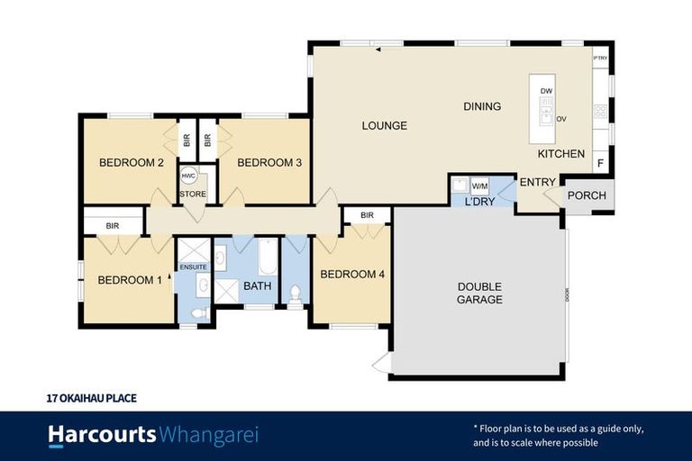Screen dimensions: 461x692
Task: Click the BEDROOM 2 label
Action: point(131,163)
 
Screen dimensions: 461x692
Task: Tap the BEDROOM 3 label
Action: point(269,163)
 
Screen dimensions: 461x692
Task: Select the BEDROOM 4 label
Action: point(352,275)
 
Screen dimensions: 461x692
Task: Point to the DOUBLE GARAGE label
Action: point(479,293)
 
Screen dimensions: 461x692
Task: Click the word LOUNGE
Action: point(385,126)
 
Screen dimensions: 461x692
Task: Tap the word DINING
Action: point(482,107)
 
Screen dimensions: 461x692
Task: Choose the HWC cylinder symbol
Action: point(189,176)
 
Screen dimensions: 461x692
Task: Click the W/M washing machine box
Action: point(479,186)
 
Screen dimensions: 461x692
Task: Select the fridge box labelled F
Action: point(601,163)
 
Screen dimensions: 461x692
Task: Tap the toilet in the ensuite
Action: point(200,312)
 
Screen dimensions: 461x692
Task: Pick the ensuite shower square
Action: point(193,249)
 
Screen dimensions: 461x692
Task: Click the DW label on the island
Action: point(546,92)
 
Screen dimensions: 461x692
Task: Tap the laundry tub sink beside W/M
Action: point(460,186)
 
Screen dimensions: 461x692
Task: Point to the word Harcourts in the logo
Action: point(101,436)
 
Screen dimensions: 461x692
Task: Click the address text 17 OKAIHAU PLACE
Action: point(91,397)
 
